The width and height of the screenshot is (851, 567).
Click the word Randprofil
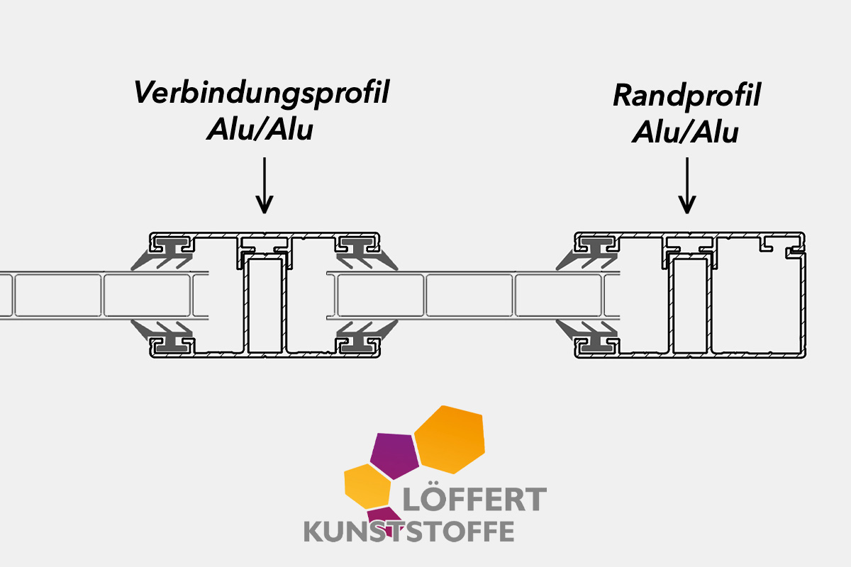[x=686, y=96]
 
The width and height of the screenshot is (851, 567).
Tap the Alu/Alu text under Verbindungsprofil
[x=260, y=130]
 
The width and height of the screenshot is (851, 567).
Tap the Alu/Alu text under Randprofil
[x=685, y=132]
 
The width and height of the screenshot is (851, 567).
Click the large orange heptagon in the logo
[x=451, y=439]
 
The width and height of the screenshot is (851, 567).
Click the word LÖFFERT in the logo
[x=474, y=500]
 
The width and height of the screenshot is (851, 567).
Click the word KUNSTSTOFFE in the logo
[x=409, y=531]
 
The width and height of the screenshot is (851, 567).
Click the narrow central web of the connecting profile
[x=265, y=305]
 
